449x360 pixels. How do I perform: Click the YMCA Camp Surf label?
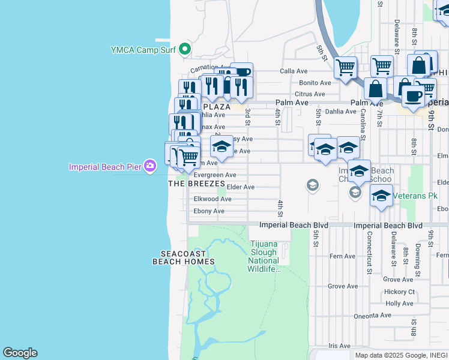click(x=143, y=50)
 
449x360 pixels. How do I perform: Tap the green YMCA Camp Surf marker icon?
click(x=185, y=49)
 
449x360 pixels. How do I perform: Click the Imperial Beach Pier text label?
click(x=106, y=166)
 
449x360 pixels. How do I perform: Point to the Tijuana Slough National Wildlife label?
click(x=264, y=256)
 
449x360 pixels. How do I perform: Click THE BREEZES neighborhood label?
click(x=196, y=184)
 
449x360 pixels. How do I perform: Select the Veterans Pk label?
click(x=420, y=196)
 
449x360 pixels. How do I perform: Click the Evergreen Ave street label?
click(x=215, y=175)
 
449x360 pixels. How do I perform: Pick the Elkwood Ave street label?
click(x=212, y=199)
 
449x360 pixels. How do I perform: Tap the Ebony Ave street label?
click(x=209, y=211)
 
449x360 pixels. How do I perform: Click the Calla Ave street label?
click(x=294, y=71)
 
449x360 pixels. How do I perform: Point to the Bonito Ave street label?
click(x=315, y=83)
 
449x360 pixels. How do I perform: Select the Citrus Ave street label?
click(x=310, y=94)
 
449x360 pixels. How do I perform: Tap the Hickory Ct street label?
click(x=399, y=292)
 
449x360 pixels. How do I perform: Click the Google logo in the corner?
click(x=20, y=353)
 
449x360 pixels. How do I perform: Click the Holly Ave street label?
click(x=399, y=304)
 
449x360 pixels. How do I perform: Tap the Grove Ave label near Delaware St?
click(x=398, y=280)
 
